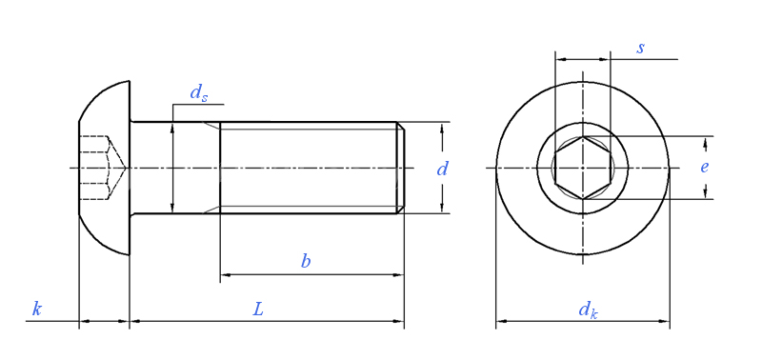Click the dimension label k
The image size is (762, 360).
36,309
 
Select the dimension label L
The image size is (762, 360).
258,309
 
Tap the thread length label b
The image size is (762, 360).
305,261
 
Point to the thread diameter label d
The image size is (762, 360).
442,170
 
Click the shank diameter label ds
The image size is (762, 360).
199,92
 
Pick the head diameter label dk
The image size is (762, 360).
588,310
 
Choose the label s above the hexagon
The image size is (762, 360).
640,49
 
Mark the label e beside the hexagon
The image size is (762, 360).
704,167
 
